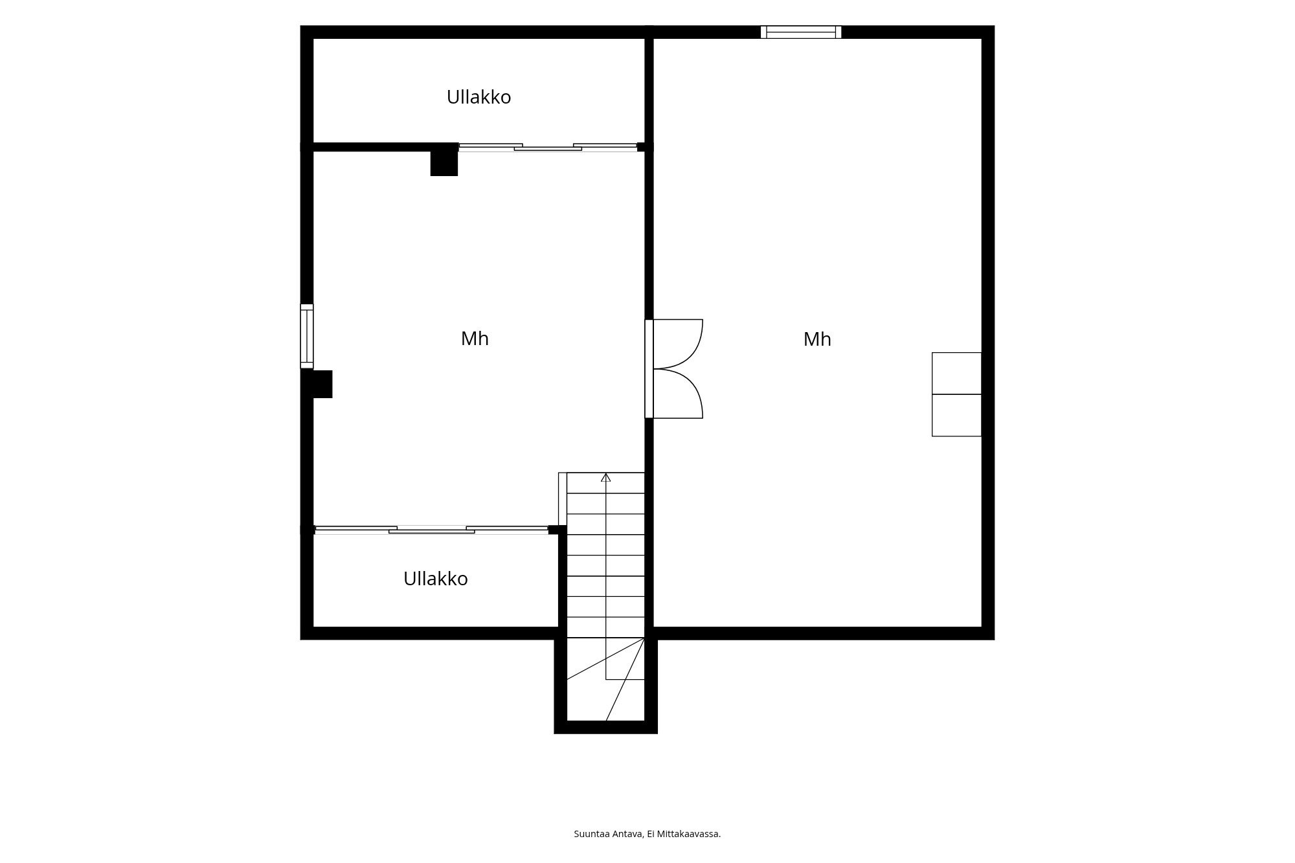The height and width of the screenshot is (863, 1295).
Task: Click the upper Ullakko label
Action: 479,97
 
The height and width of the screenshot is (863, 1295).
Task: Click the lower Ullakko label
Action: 435,579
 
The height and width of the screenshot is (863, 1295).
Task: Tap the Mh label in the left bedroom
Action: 475,339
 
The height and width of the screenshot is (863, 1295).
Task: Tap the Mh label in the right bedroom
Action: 817,339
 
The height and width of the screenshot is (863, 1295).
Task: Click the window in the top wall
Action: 801,32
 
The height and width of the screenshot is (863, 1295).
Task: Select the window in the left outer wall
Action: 307,336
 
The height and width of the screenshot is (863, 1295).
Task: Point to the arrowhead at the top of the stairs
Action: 605,478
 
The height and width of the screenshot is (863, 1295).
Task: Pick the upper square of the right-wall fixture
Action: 956,374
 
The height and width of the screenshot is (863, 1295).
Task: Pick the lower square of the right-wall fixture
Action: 956,415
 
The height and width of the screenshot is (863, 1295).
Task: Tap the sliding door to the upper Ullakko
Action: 548,148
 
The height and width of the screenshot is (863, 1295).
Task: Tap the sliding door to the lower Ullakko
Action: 431,530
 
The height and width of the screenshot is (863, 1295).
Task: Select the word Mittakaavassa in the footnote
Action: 689,834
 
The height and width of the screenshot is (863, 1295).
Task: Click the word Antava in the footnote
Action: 626,834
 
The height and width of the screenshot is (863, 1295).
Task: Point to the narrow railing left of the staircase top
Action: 563,499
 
